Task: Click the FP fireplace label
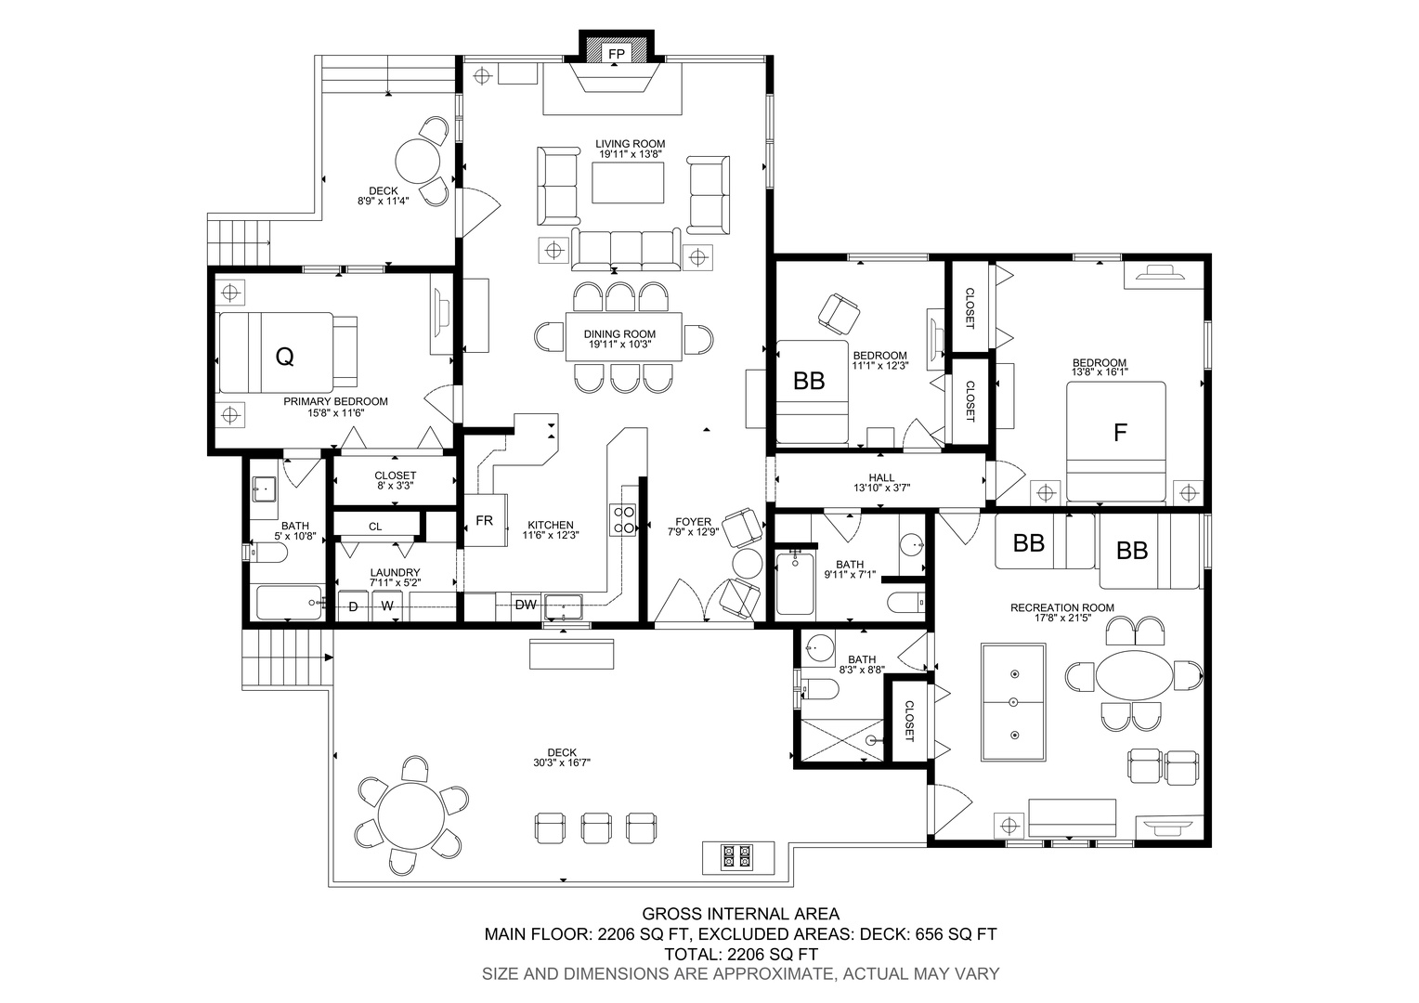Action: pyautogui.click(x=617, y=54)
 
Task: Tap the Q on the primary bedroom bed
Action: pyautogui.click(x=284, y=358)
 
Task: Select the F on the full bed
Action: pyautogui.click(x=1120, y=432)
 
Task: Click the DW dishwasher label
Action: pyautogui.click(x=526, y=605)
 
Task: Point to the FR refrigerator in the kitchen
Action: pyautogui.click(x=486, y=520)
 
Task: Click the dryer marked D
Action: pyautogui.click(x=354, y=606)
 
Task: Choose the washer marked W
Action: pyautogui.click(x=387, y=606)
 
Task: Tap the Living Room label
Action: pyautogui.click(x=630, y=144)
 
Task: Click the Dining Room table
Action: pyautogui.click(x=624, y=336)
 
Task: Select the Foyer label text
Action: pyautogui.click(x=693, y=522)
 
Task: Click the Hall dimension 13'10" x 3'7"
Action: pyautogui.click(x=882, y=488)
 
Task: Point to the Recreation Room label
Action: pyautogui.click(x=1061, y=607)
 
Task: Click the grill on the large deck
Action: pyautogui.click(x=738, y=857)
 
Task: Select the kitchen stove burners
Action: pyautogui.click(x=623, y=519)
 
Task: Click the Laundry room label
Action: pyautogui.click(x=396, y=572)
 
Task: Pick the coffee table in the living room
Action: pyautogui.click(x=628, y=182)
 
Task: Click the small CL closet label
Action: pyautogui.click(x=375, y=527)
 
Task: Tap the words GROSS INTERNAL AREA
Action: pyautogui.click(x=740, y=914)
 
